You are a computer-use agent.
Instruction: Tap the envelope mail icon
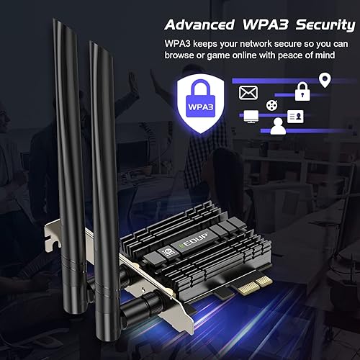[249, 92]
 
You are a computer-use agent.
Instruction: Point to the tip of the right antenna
[94, 45]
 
